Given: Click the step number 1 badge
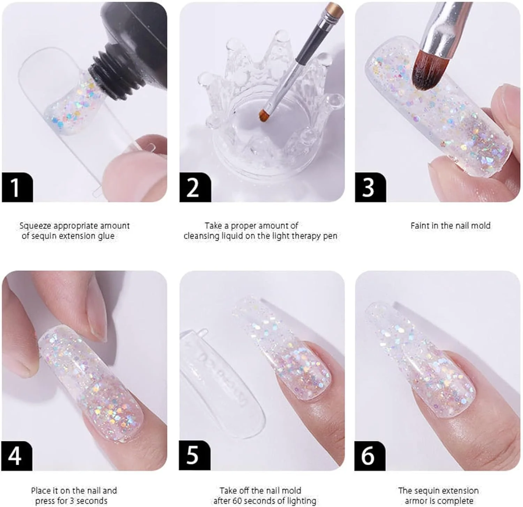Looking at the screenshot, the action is point(17,187).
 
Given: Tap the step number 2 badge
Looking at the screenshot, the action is point(195,187).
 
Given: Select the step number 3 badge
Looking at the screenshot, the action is point(370,187).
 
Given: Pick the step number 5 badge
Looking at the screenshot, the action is point(195,455).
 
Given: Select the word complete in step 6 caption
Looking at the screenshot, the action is point(457,501).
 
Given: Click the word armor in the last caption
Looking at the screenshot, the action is point(416,501).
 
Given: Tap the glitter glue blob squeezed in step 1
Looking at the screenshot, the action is point(73,103).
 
